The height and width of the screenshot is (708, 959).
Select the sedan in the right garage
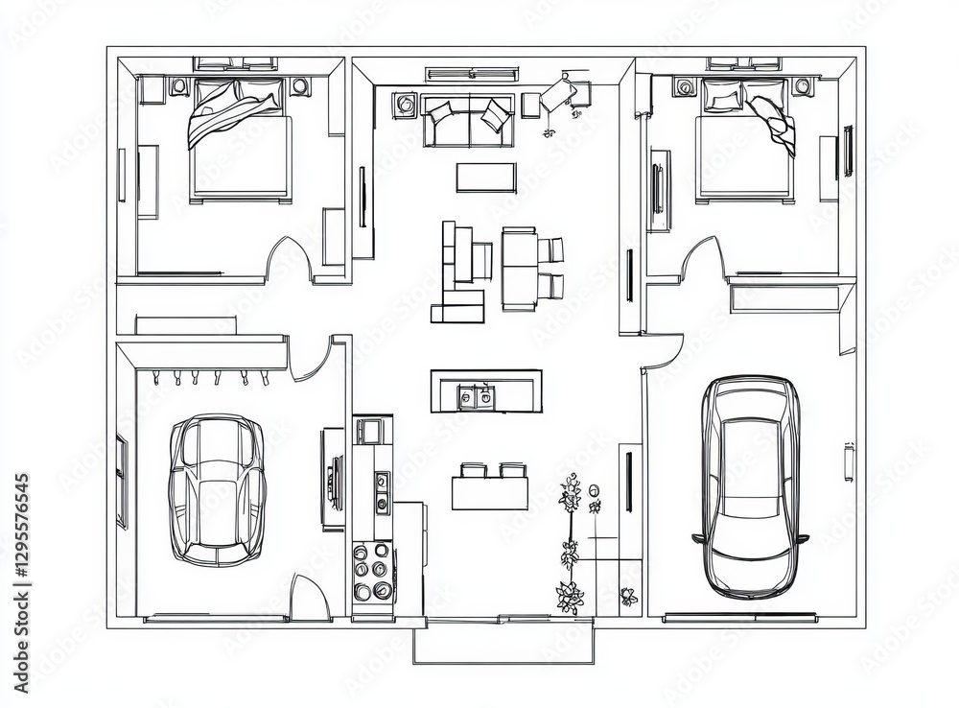(751, 487)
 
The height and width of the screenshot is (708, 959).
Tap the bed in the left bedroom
(240, 141)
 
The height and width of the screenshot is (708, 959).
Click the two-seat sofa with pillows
(467, 121)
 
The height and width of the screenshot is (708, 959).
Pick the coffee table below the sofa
(487, 177)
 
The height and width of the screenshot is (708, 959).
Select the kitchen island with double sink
(486, 391)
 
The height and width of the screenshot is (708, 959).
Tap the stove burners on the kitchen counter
(372, 570)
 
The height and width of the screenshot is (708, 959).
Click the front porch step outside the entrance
(503, 641)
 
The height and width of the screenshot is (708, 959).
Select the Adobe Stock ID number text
(21, 582)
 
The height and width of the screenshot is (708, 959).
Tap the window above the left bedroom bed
(236, 63)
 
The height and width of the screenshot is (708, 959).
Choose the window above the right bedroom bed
(744, 63)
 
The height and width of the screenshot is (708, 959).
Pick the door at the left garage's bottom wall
(310, 598)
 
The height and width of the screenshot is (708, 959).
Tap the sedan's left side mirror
(698, 539)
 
